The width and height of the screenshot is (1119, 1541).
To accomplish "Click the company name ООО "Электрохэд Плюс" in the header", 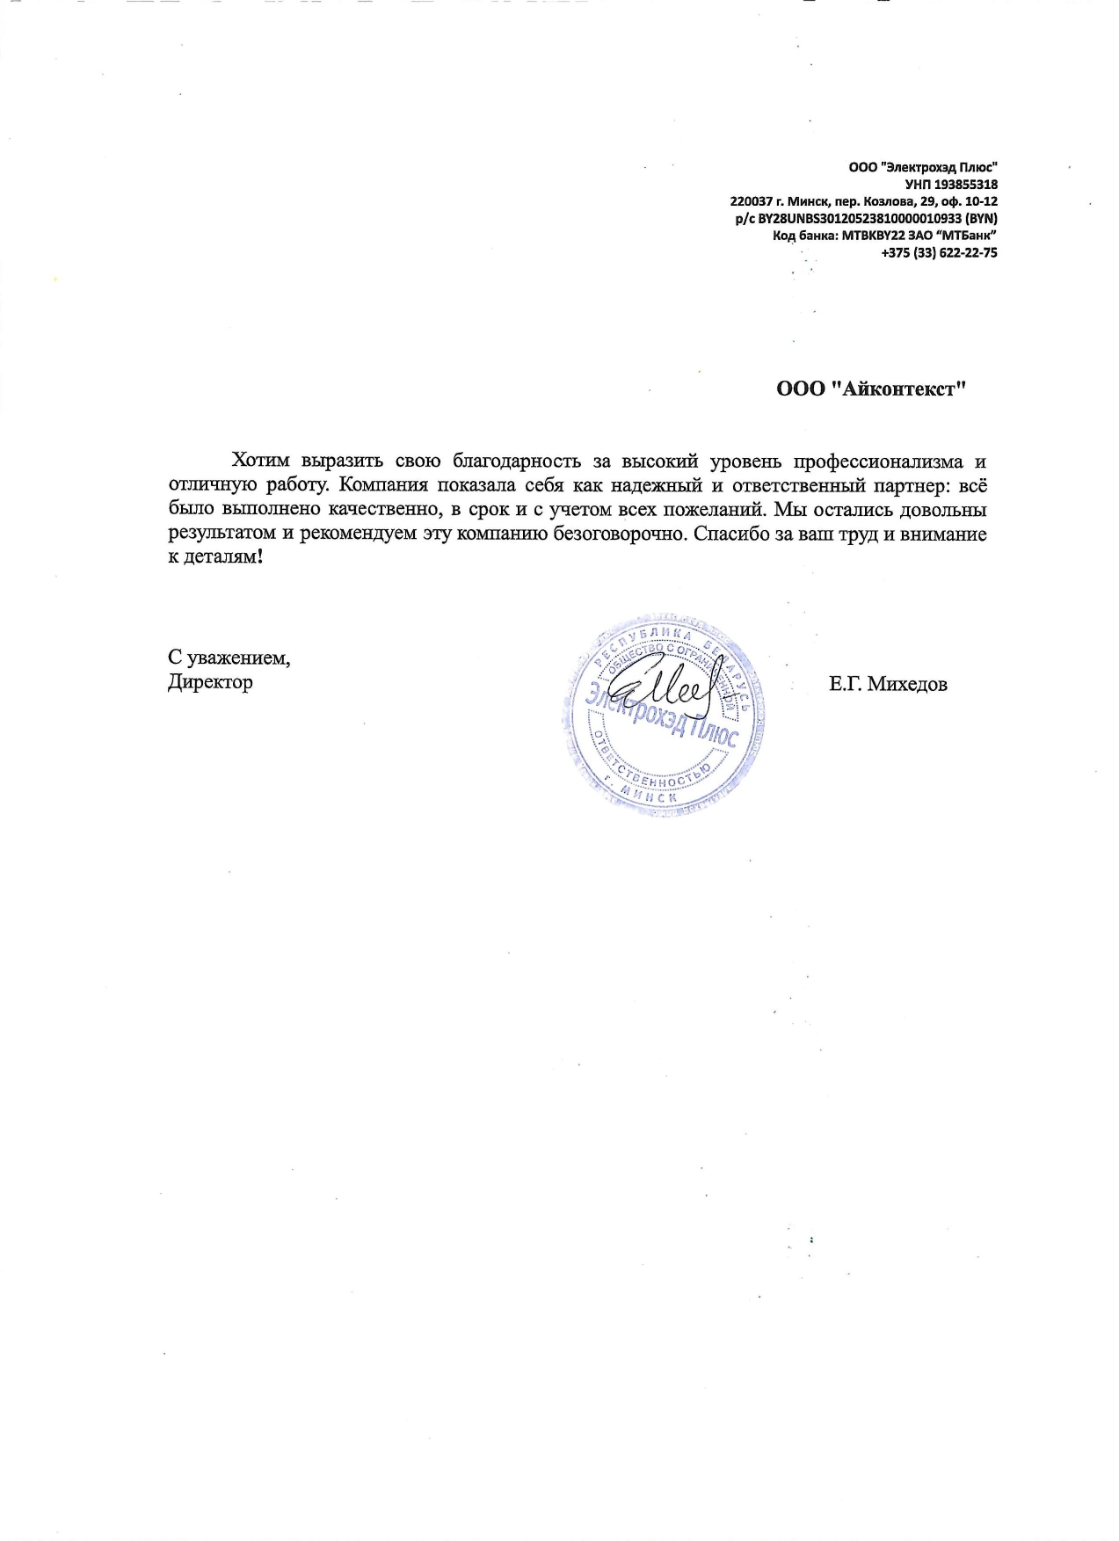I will click(923, 167).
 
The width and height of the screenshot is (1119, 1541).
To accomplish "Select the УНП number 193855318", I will click(966, 185).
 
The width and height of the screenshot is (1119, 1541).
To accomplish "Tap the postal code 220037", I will click(750, 201).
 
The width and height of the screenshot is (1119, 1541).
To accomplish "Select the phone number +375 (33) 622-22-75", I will click(939, 253).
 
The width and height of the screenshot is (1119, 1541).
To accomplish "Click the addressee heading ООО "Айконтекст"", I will click(871, 389).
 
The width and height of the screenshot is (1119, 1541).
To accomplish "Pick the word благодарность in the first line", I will click(516, 461).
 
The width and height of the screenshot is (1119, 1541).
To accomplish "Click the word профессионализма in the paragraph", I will click(878, 461).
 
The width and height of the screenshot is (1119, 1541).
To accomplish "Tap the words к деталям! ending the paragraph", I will click(215, 558).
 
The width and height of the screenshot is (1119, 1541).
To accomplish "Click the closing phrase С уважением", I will click(229, 658).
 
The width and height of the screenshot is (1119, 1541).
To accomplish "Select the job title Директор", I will click(210, 682).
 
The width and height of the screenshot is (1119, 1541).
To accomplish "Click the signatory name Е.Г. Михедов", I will click(888, 684).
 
